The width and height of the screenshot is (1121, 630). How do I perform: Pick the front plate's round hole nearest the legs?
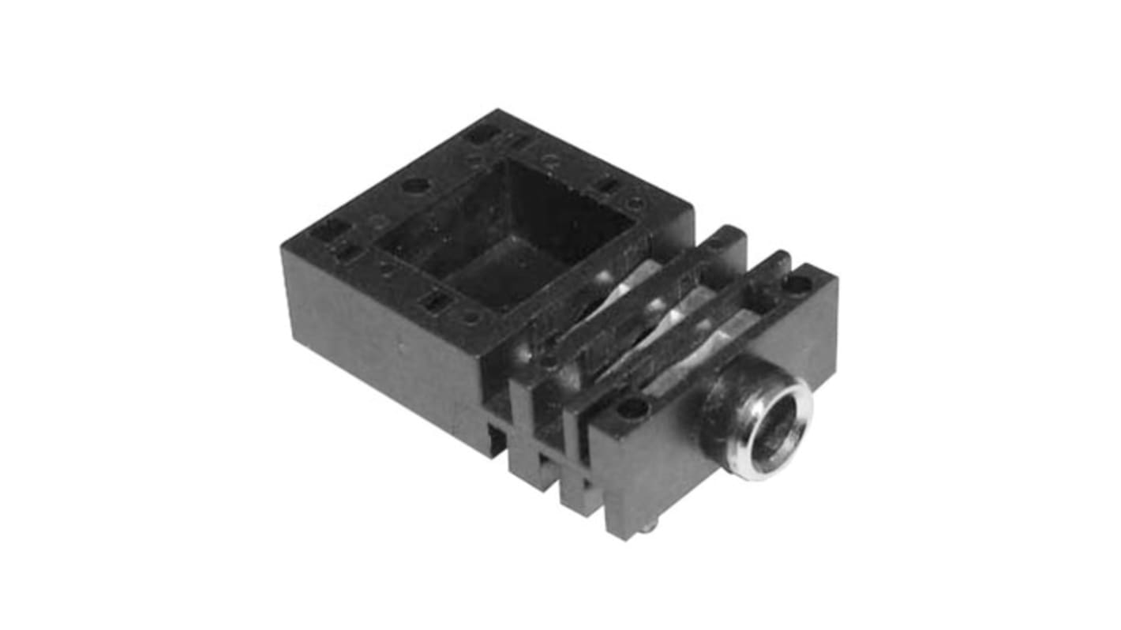click(632, 407)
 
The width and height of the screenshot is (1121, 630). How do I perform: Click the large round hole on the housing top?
click(415, 186)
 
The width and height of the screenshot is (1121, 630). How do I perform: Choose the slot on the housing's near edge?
click(433, 300)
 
